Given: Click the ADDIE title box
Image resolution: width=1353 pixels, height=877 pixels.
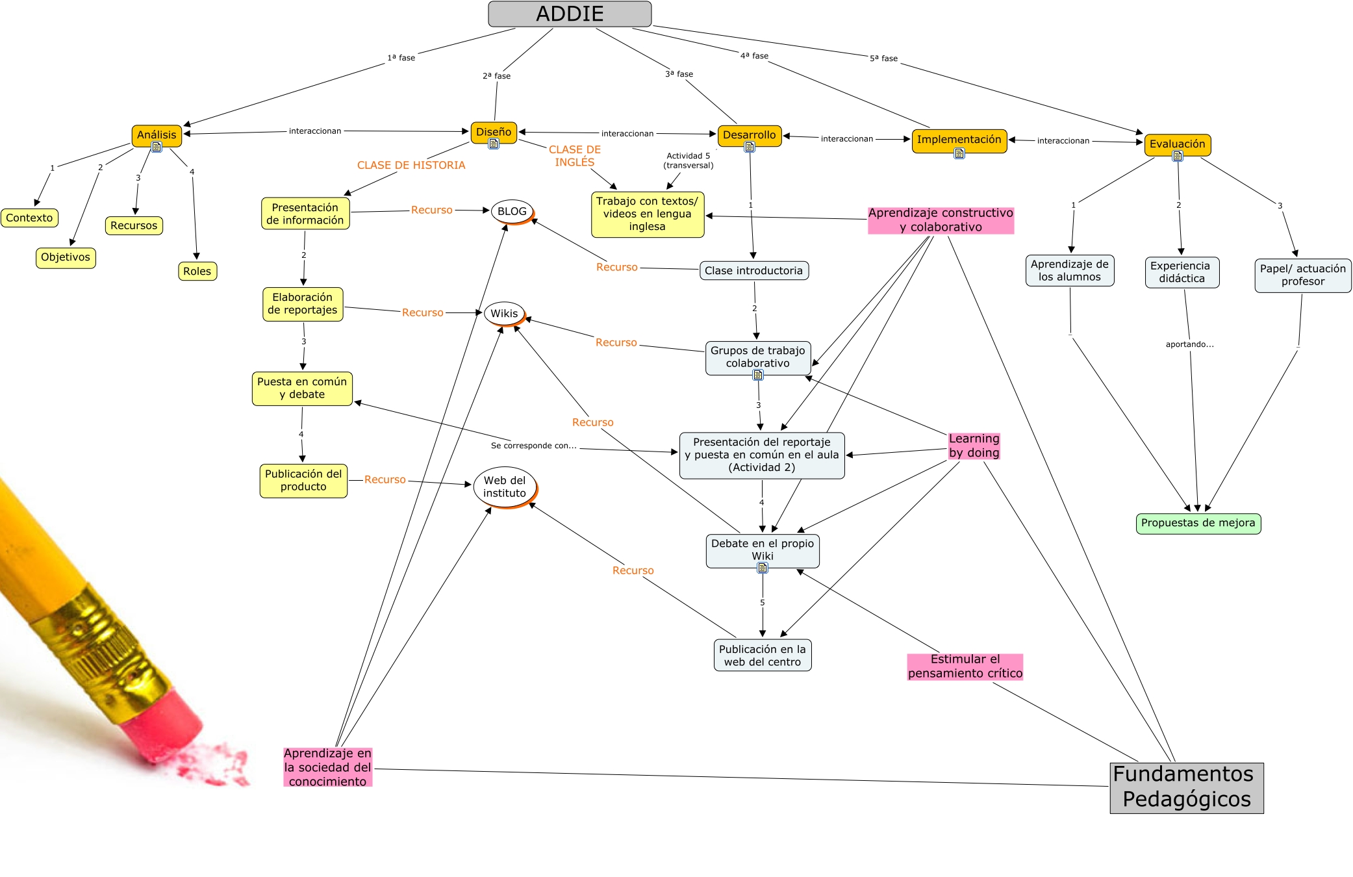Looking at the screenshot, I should click(570, 14).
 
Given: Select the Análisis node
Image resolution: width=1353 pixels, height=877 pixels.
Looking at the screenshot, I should click(157, 134).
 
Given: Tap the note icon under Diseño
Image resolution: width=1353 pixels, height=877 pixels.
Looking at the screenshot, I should click(494, 144).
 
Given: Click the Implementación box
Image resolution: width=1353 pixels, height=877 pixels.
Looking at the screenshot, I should click(959, 140).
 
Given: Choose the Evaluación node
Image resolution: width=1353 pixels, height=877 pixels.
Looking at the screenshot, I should click(1177, 144).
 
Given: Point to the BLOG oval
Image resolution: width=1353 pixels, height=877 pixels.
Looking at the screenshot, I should click(512, 211).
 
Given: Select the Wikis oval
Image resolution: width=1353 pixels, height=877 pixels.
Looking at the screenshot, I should click(504, 313).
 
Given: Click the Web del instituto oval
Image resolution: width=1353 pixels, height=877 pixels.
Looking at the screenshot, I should click(505, 487).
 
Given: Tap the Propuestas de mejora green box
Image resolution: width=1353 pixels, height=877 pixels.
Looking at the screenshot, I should click(1198, 523).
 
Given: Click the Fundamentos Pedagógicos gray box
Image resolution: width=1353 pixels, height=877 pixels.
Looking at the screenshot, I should click(1186, 787).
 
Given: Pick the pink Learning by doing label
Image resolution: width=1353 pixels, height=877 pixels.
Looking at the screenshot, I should click(974, 446).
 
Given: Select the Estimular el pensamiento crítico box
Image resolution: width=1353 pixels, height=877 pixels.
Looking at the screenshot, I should click(965, 667).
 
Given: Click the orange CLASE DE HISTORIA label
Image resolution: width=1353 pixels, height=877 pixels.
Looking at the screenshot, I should click(411, 165).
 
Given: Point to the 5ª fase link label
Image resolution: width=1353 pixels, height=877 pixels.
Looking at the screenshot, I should click(883, 58).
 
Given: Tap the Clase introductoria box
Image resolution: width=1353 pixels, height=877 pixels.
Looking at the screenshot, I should click(753, 270).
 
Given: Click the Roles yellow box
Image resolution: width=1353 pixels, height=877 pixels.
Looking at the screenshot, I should click(197, 271).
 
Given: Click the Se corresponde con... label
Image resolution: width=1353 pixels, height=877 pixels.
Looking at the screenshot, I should click(533, 445).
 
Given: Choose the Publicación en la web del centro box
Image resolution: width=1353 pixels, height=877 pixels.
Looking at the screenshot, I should click(762, 655).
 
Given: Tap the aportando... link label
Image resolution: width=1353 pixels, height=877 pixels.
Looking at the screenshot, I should click(1189, 344).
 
